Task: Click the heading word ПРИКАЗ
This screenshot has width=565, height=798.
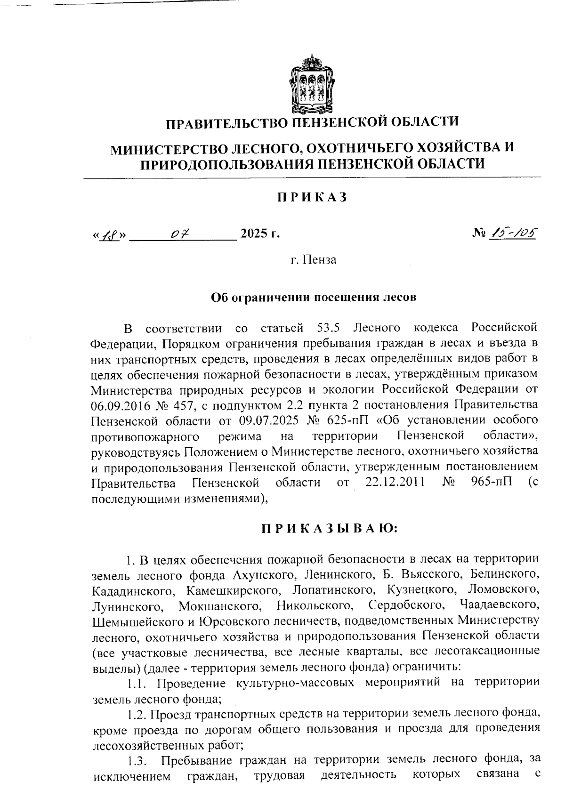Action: (x=311, y=197)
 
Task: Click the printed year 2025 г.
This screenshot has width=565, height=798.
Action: (x=260, y=234)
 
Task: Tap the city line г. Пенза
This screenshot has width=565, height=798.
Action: (x=313, y=259)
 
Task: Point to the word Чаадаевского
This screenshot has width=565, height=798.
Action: (x=498, y=604)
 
